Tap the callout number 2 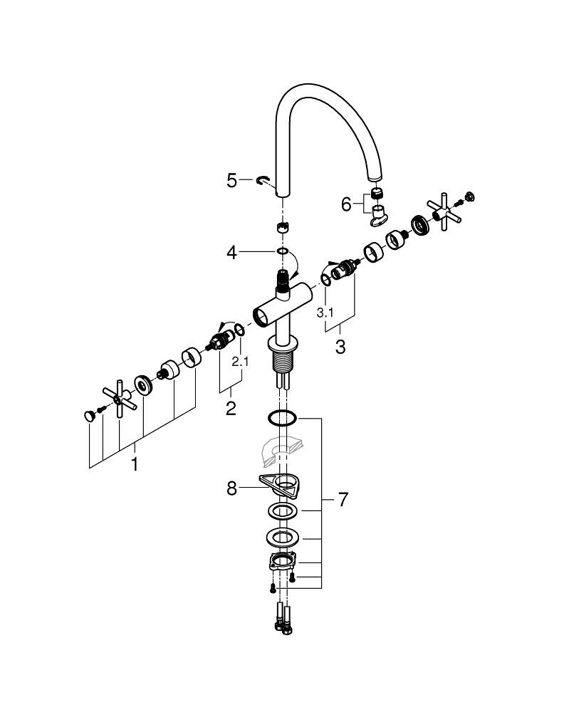(x=231, y=409)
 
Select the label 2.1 (x=241, y=362)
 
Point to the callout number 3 (x=340, y=347)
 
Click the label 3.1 (x=325, y=313)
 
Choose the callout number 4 (x=231, y=252)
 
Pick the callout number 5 (x=232, y=181)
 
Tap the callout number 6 (x=347, y=204)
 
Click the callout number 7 (x=343, y=500)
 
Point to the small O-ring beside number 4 (x=283, y=251)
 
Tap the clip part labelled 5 (x=263, y=182)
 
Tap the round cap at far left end (x=88, y=416)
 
